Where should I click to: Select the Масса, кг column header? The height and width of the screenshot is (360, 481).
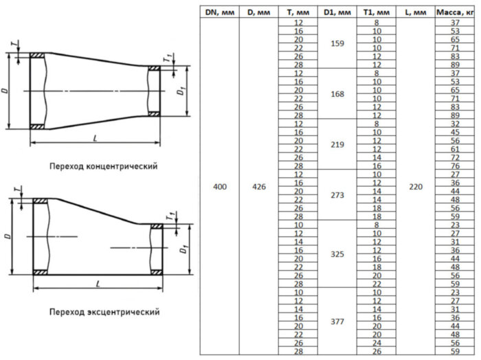point(454,12)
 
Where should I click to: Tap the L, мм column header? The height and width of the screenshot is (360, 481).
point(416,12)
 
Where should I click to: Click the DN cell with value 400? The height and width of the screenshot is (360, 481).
point(219,187)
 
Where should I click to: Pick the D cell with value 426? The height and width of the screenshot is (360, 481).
point(258,187)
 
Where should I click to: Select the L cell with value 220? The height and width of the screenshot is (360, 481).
point(416,187)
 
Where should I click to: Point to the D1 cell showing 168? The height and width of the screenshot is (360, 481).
point(337,94)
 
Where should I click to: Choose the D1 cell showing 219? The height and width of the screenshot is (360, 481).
point(337,145)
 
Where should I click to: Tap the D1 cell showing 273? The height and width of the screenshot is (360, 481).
point(337,195)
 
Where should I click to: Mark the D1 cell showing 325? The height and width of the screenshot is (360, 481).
point(337,254)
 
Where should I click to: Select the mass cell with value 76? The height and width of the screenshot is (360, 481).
point(454,166)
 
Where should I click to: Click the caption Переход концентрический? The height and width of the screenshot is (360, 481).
point(103,166)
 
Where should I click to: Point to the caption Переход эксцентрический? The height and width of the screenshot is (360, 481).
point(104,312)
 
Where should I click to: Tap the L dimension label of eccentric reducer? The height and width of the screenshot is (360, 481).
point(98,284)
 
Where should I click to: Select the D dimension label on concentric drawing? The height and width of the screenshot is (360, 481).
point(6,91)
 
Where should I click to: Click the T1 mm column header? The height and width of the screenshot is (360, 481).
point(377,12)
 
